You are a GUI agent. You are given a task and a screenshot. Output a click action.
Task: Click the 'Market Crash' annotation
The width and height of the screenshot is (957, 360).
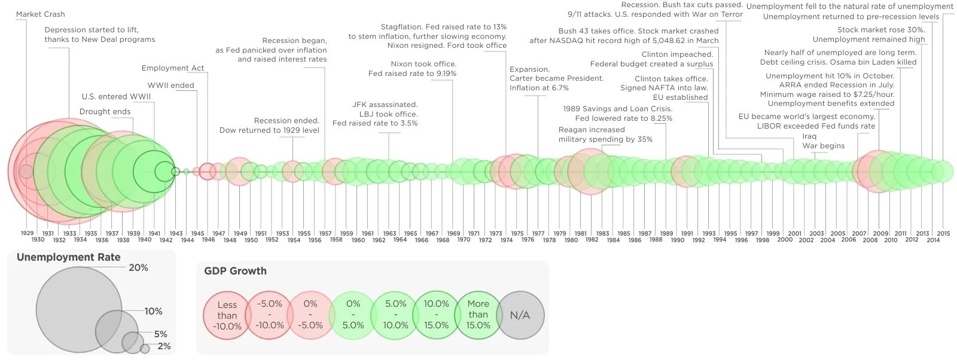coord(40,14)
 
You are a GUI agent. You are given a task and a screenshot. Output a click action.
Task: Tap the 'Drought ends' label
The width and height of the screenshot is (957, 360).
coord(105,112)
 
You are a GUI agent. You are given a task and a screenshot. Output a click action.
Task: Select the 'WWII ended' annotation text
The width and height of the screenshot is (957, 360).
coord(170,86)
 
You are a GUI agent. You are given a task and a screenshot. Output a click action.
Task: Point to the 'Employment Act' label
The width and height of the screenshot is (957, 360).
coord(173,68)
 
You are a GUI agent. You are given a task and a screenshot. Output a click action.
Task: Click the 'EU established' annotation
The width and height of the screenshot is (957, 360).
coord(680,97)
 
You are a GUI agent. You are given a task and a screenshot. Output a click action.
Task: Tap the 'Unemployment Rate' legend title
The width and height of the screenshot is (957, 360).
coord(68,258)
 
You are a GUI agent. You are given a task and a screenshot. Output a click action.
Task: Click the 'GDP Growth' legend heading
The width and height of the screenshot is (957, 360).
coord(235,271)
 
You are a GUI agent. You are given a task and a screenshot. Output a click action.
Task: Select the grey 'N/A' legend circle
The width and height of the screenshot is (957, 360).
coord(520,315)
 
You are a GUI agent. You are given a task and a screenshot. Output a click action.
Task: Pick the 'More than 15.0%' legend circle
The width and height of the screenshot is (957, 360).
coord(478,315)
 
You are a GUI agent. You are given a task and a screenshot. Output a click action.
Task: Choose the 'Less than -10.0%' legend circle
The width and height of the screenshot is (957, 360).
coord(227,315)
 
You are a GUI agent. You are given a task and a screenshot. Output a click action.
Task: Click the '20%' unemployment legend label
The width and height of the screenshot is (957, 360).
coord(138,268)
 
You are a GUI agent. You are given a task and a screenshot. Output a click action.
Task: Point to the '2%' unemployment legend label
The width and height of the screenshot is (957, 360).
coord(164,346)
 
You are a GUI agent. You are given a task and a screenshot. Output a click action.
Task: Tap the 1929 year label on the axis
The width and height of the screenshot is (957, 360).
coord(27,233)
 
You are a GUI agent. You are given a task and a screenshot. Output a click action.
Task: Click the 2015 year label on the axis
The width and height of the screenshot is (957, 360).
coord(943,233)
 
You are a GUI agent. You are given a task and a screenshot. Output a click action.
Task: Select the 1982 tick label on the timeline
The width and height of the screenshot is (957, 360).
coord(592,240)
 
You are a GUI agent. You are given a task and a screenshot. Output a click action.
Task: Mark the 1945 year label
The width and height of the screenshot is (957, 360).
coord(197,233)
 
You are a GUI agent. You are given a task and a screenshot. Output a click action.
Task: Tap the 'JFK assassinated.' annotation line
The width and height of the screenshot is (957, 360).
coord(385,105)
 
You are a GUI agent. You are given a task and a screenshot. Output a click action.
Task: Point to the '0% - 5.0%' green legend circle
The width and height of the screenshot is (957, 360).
coord(353,315)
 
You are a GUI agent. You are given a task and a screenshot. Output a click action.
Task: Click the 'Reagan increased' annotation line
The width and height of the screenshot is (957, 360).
coord(591,130)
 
